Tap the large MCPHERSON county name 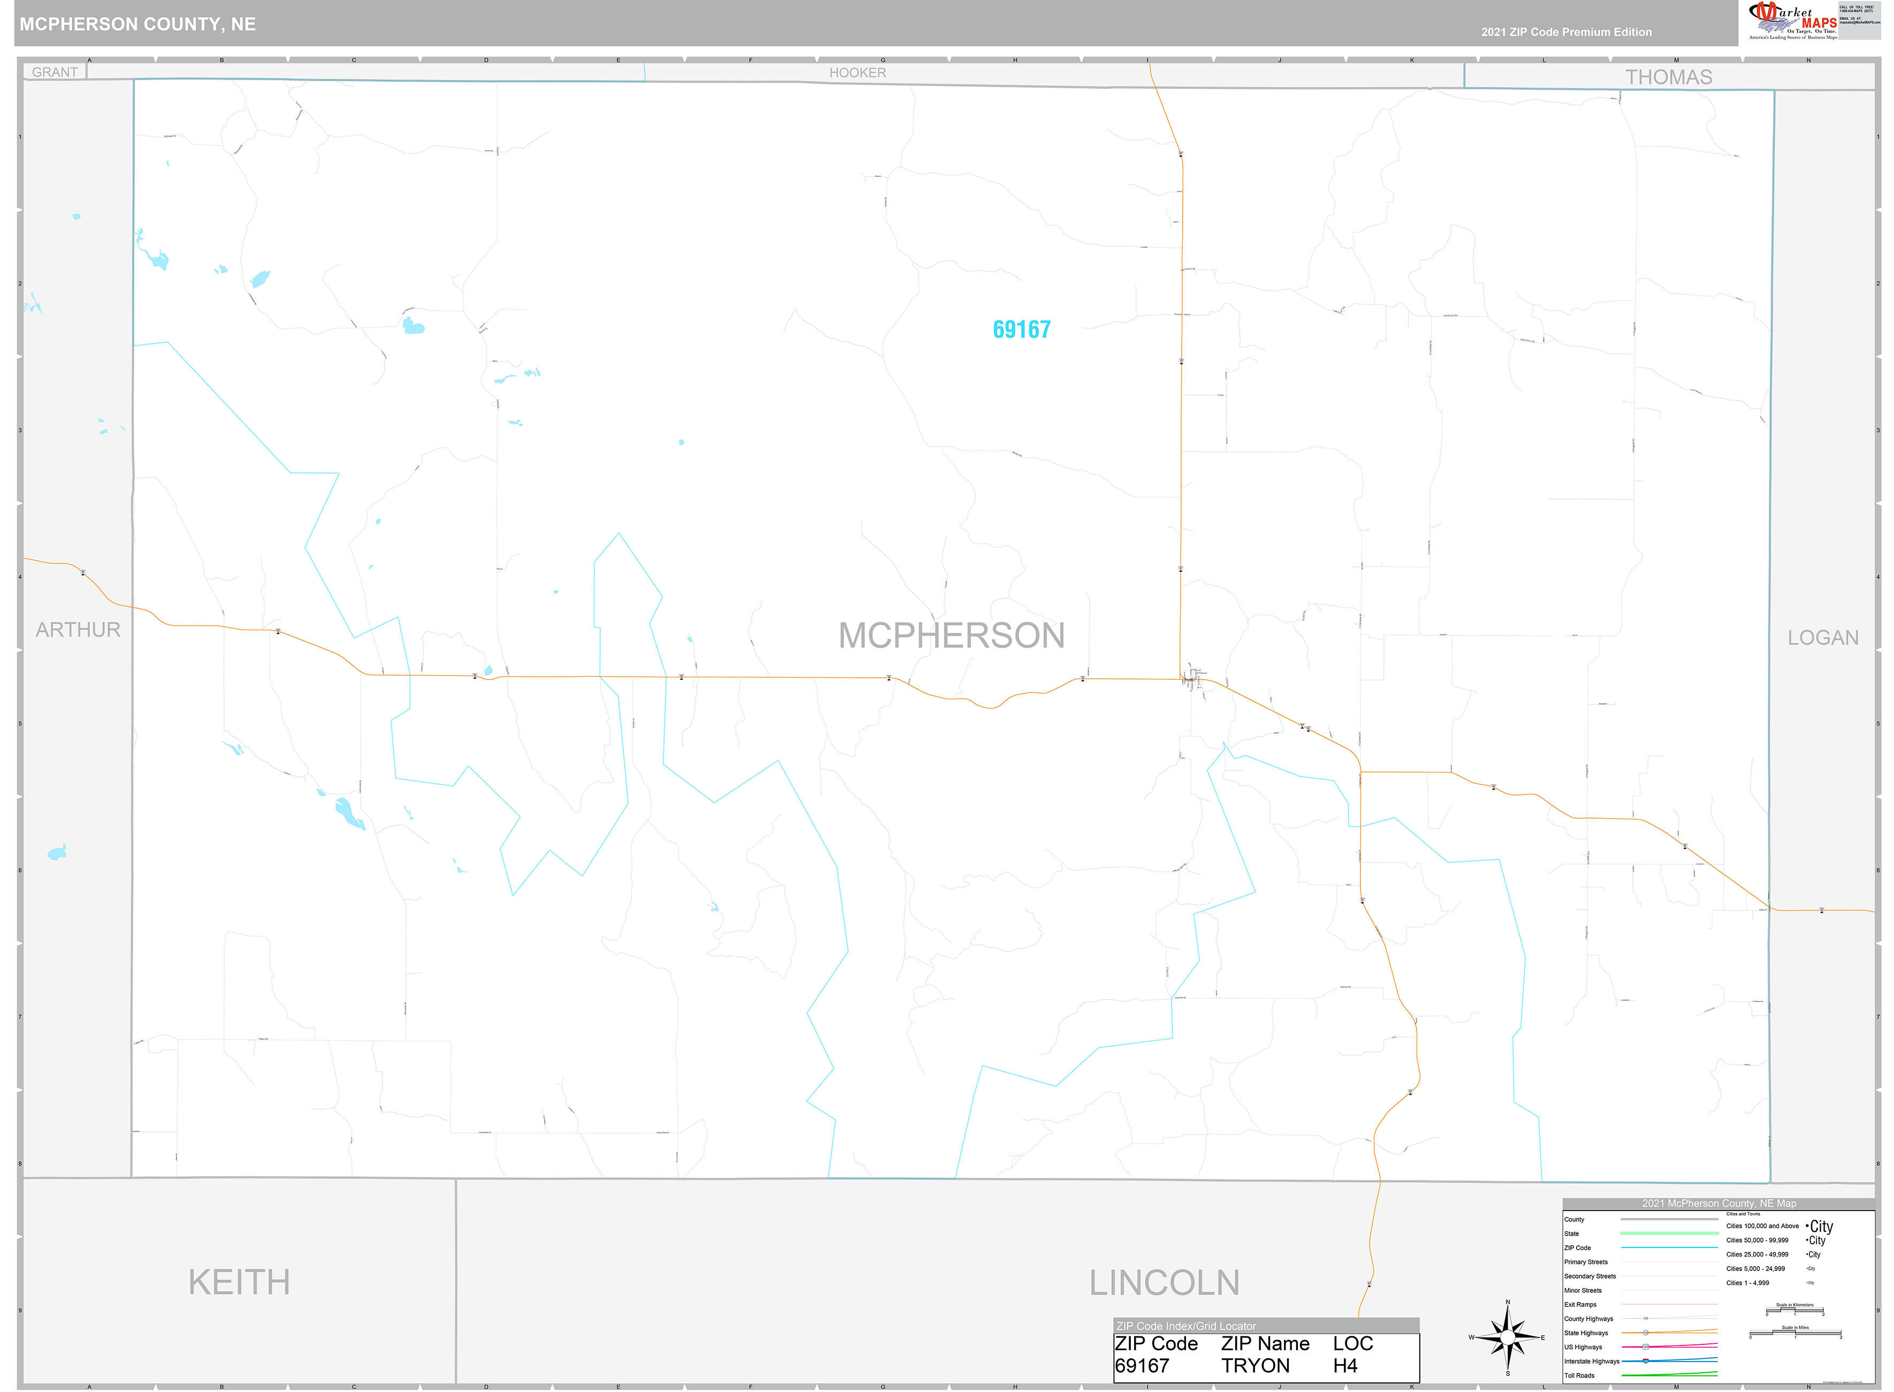click(951, 636)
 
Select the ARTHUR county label click(78, 630)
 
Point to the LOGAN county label click(1822, 638)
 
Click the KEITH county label click(239, 1282)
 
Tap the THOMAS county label click(1668, 78)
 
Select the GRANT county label click(55, 72)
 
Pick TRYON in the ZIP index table click(1255, 1366)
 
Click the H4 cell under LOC click(1345, 1366)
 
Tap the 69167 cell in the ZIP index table click(1142, 1366)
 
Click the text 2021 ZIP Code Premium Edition click(1566, 32)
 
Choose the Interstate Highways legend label click(1592, 1361)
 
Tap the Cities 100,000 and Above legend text click(1762, 1226)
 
